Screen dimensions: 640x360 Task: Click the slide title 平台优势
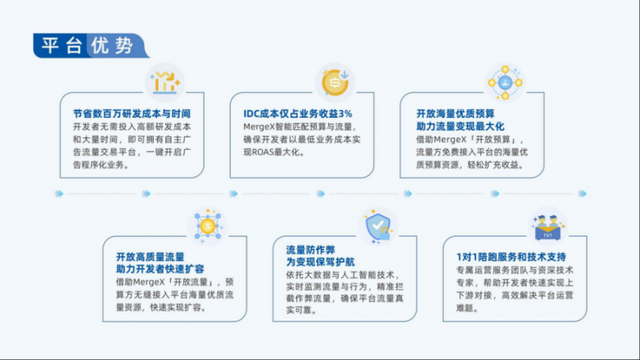88,45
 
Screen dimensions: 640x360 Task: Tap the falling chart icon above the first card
165,83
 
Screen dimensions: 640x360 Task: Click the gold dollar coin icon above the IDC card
335,83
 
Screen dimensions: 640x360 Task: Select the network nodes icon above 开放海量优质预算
505,83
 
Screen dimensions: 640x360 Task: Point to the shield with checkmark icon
378,227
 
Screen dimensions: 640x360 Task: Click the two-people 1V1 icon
548,227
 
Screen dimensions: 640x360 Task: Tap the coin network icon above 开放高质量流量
208,226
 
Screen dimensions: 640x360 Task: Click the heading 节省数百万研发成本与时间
132,114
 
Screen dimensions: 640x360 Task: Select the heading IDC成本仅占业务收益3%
298,114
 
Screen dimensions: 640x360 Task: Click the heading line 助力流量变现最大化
460,127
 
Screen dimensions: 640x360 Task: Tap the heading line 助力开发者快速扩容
160,269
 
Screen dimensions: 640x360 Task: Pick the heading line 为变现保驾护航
320,262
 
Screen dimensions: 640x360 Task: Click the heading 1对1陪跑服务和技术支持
511,257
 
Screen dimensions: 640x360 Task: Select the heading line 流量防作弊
311,250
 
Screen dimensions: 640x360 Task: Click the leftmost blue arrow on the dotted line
60,193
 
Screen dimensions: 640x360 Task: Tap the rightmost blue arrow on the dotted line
583,193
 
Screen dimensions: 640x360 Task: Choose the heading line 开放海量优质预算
455,114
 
